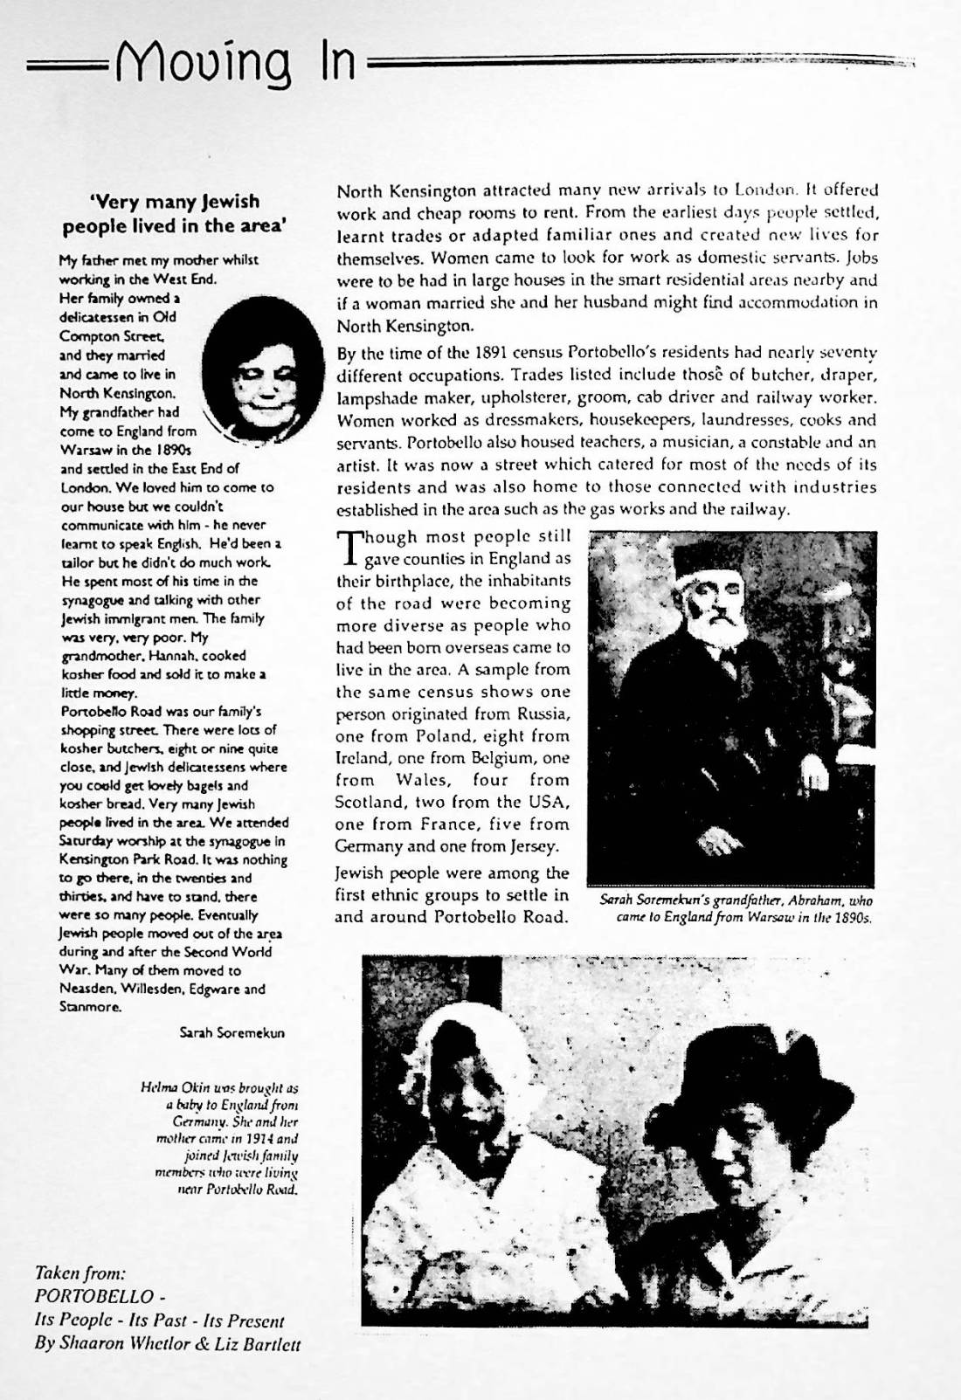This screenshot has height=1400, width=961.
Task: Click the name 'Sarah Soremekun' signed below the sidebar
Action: point(232,1032)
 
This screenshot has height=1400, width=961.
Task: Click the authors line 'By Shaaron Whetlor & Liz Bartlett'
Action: point(167,1344)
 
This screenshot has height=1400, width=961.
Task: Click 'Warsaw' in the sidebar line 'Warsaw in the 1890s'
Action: point(84,451)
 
